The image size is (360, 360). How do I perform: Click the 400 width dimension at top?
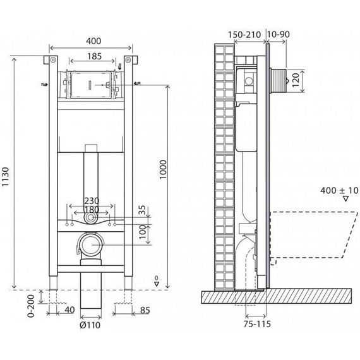pyautogui.click(x=90, y=40)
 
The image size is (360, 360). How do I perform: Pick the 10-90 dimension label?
pyautogui.click(x=279, y=33)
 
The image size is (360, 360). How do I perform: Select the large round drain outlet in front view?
pyautogui.click(x=92, y=244)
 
